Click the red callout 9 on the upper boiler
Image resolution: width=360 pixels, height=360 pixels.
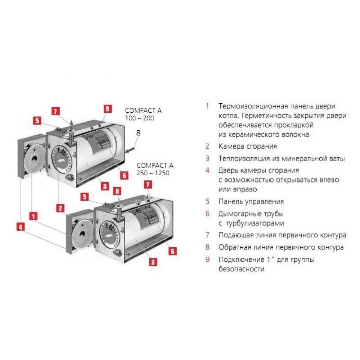point(107,109)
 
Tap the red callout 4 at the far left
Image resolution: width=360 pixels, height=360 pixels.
point(21,227)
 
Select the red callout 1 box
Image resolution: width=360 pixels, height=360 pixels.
point(33,216)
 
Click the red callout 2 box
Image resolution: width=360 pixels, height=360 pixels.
point(60,208)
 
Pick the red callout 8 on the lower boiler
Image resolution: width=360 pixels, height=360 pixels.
point(117,191)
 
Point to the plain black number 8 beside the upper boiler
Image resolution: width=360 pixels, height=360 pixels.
point(138,133)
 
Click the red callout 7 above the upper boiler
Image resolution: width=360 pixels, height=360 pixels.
point(55,111)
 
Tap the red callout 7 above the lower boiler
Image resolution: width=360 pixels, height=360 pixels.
point(148,185)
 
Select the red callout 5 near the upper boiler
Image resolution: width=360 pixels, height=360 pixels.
point(37,121)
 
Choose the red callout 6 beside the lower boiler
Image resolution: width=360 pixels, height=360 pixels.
point(172,251)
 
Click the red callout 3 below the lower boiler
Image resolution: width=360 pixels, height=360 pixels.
point(153,262)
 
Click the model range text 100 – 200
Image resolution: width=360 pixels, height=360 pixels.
point(140,118)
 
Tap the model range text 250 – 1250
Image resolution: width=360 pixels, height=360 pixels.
point(153,173)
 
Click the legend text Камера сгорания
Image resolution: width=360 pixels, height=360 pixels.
point(248,146)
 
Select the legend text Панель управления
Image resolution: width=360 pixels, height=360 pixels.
point(251,202)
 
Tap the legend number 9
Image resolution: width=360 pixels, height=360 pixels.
point(208,260)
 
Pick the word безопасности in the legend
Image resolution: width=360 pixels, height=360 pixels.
point(242,269)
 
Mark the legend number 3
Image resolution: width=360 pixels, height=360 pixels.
point(208,158)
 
